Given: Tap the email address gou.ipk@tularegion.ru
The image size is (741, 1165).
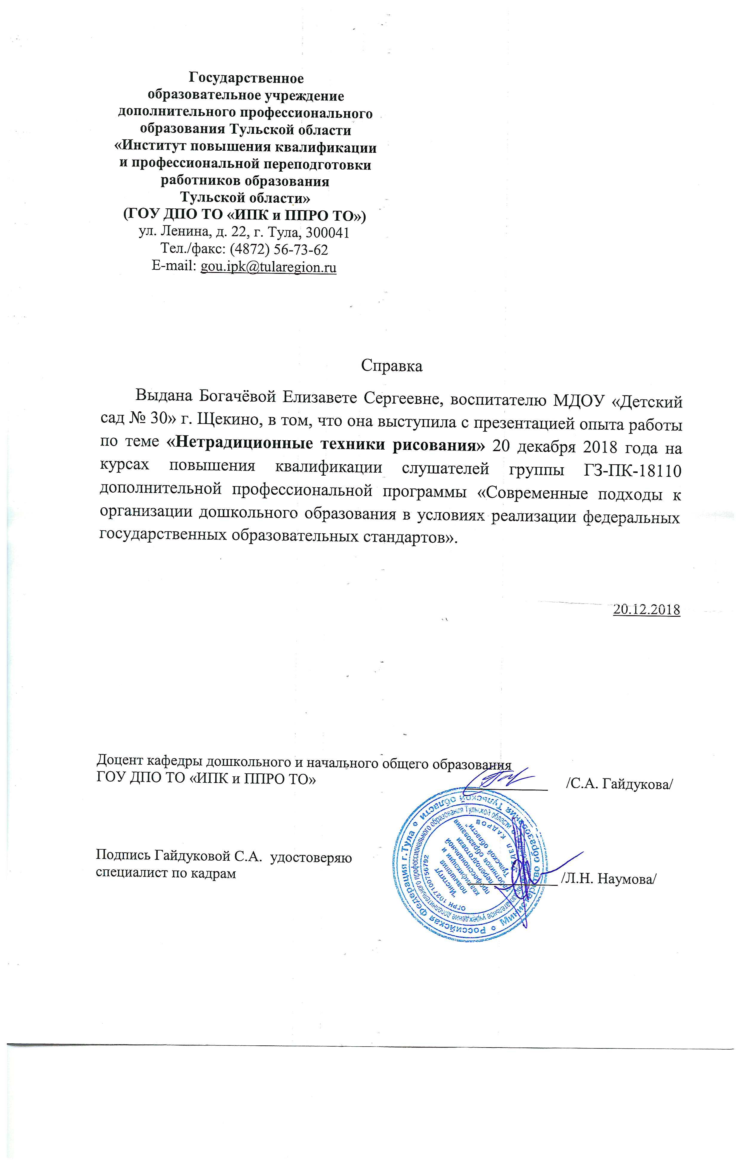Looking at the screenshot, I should (x=268, y=267).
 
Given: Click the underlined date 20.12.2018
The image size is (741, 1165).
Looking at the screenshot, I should (x=646, y=610).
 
